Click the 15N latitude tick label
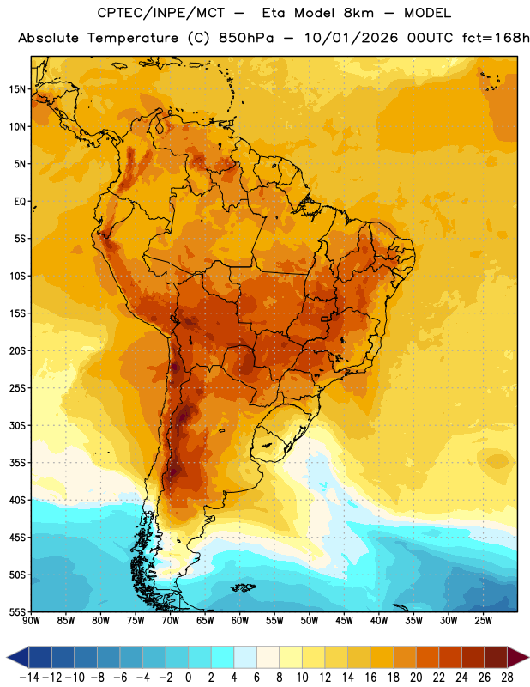(x=17, y=89)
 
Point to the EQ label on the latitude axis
(x=20, y=202)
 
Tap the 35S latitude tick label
(x=17, y=463)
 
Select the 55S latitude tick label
(x=17, y=611)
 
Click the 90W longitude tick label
(x=31, y=621)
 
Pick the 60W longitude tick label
(x=240, y=621)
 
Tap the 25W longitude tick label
(x=483, y=621)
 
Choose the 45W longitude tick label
(x=344, y=621)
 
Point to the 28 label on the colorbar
(x=507, y=678)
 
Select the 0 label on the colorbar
(x=188, y=678)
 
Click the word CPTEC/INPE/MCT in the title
(x=161, y=13)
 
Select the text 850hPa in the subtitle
(x=246, y=38)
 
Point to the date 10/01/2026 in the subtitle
(x=351, y=38)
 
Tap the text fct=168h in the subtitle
(x=496, y=38)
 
